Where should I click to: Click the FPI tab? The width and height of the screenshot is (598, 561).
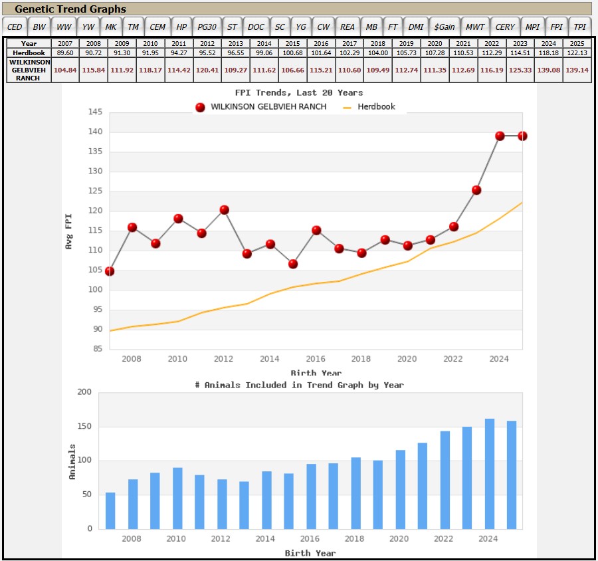556,27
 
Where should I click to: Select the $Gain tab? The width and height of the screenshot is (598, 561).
445,27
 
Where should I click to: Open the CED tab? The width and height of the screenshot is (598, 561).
15,27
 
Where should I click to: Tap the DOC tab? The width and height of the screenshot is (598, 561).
256,27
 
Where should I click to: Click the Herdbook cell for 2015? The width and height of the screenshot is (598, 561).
292,53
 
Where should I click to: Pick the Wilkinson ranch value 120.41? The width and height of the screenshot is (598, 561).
207,70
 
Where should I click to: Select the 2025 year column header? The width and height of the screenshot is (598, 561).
577,43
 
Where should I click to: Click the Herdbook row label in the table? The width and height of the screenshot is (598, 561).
29,53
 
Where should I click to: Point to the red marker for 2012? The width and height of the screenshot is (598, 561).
225,210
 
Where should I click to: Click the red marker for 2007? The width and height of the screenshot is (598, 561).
110,271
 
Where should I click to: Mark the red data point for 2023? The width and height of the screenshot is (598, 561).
476,190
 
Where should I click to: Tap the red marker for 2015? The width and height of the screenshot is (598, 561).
293,264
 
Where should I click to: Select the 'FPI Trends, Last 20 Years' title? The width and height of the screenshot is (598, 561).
299,93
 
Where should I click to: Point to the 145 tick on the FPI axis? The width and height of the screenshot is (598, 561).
95,112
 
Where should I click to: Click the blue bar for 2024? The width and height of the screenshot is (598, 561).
490,474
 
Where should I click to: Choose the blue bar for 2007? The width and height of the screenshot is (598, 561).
110,511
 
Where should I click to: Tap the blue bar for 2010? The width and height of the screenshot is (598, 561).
177,499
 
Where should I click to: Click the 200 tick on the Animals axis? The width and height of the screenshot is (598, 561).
84,392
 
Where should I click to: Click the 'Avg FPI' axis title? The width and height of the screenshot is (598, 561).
68,232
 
